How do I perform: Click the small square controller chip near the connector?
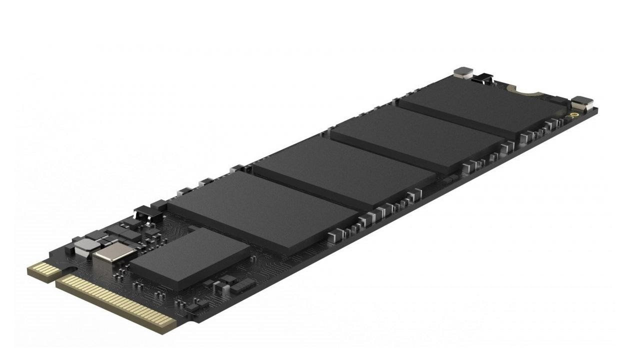point(189,257)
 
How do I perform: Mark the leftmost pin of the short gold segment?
point(31,270)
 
